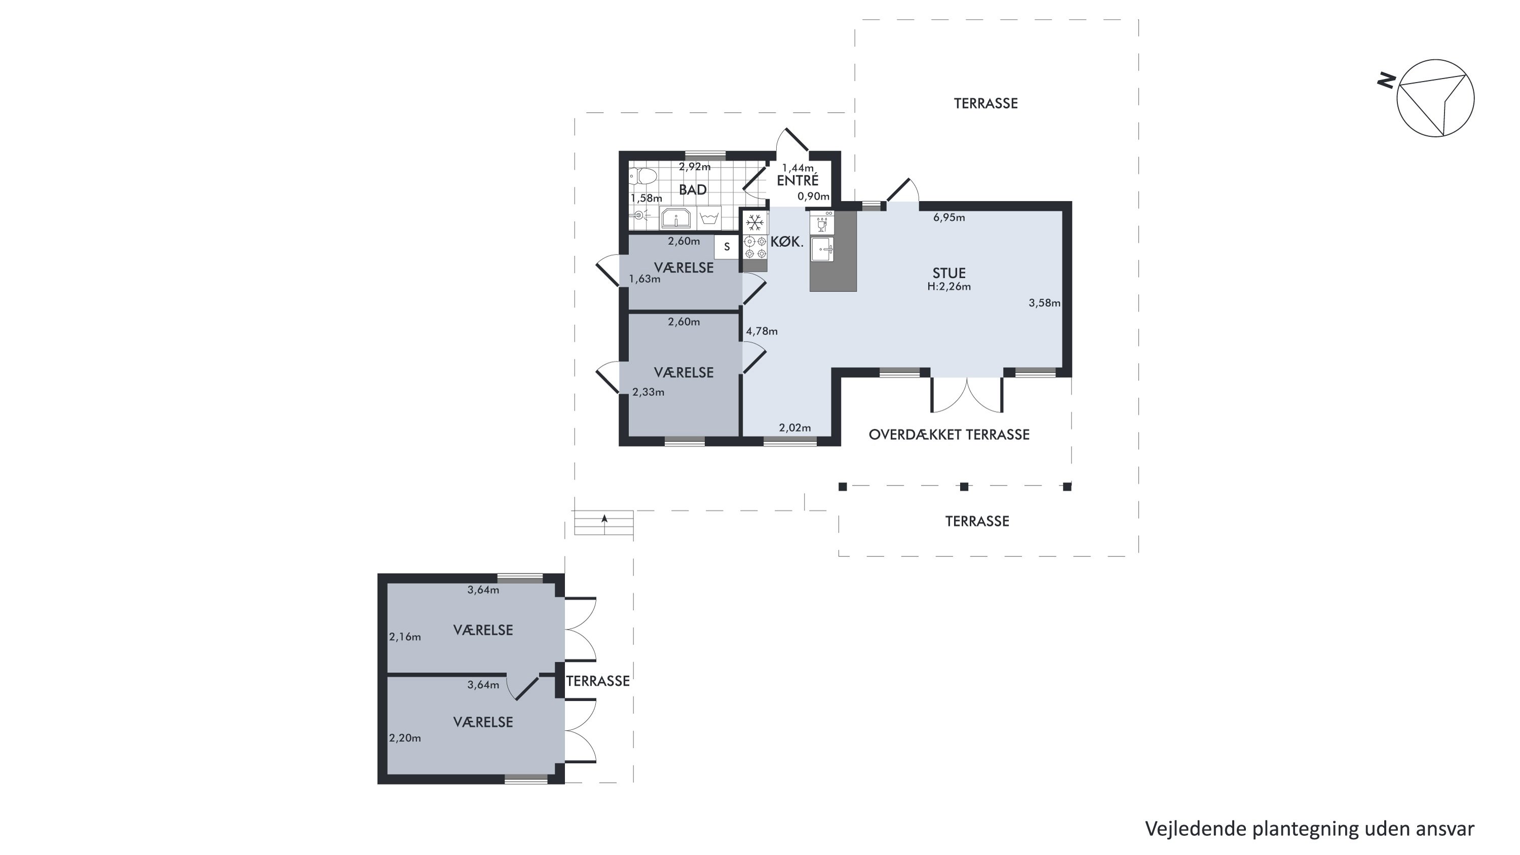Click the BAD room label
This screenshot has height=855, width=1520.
pos(693,190)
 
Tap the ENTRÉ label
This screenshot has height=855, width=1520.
pos(798,180)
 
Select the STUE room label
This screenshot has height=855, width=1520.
pos(949,273)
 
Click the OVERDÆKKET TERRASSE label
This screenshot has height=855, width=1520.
pos(949,435)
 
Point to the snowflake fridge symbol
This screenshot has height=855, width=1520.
pos(755,223)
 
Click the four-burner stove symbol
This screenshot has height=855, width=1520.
pos(755,247)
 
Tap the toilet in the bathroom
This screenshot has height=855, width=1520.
pos(643,176)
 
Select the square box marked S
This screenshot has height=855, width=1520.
pos(727,247)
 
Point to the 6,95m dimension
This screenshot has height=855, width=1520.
pos(949,218)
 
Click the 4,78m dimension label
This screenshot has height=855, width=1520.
pos(762,331)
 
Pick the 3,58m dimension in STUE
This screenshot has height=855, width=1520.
pos(1044,303)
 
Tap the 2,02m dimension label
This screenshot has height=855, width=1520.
pos(795,428)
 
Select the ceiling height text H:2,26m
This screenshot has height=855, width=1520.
pos(949,287)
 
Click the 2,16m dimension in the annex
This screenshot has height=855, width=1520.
pos(405,637)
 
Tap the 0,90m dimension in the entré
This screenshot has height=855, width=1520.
pos(814,197)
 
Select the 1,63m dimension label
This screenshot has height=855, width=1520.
pos(644,279)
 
